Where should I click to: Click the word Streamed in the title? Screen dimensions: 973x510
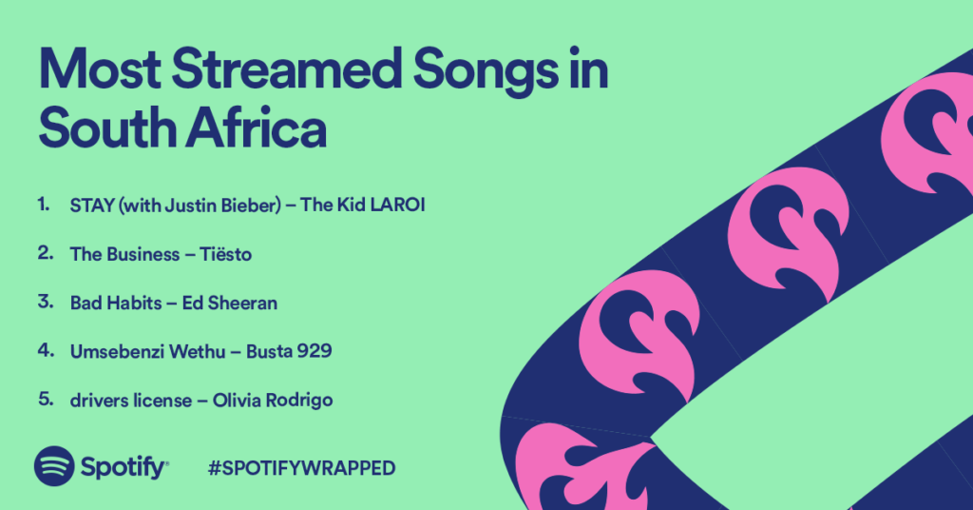(x=287, y=69)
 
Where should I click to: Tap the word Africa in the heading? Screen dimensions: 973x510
(x=257, y=127)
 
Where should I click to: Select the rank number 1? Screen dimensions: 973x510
(x=43, y=204)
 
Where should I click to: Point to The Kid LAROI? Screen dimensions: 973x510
(x=363, y=205)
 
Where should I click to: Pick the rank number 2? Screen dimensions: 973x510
(x=46, y=253)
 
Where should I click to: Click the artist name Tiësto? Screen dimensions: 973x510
(x=226, y=254)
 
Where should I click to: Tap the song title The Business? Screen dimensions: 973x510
(x=124, y=254)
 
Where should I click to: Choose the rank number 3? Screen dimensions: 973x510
(x=46, y=302)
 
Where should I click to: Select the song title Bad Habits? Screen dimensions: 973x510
(x=116, y=303)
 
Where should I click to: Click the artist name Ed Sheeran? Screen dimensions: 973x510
(x=230, y=303)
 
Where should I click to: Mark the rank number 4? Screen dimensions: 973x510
(x=46, y=350)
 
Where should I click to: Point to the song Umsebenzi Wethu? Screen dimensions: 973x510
(x=147, y=352)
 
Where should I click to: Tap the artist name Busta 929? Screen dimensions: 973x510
(x=289, y=351)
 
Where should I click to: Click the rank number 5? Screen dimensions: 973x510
(x=46, y=398)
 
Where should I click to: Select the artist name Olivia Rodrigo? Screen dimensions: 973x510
(x=273, y=400)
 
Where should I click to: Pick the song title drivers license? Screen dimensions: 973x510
(x=131, y=400)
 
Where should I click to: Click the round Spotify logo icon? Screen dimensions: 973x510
(x=54, y=466)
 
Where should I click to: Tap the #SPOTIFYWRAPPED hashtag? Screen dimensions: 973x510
(x=301, y=468)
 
